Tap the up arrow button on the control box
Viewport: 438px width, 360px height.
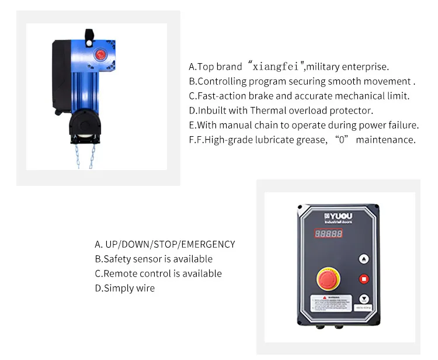point(364,258)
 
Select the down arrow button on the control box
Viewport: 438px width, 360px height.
point(364,297)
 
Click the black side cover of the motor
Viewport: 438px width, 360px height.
point(60,73)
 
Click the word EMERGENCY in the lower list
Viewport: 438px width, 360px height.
point(209,244)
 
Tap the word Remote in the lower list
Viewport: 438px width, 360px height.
point(120,274)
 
